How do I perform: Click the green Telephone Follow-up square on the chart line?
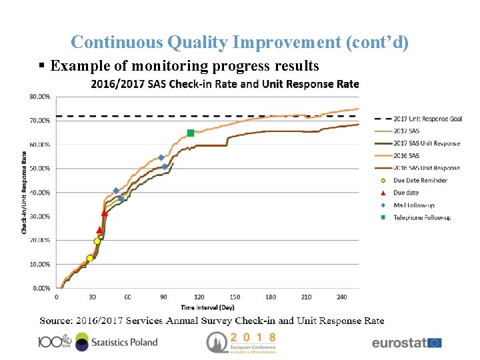[191, 133]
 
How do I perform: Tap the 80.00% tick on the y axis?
[39, 97]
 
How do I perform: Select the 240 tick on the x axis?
[342, 297]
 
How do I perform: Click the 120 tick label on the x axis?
[199, 297]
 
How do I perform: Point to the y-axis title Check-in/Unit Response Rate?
[25, 193]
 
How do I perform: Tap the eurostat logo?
[406, 343]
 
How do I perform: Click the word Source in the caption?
[55, 321]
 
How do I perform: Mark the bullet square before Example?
[42, 66]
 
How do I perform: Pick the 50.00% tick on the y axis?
[39, 169]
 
